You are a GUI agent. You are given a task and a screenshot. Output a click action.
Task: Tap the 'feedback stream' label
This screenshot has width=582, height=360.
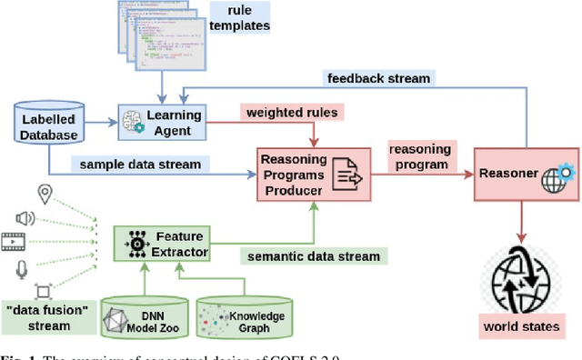point(378,77)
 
